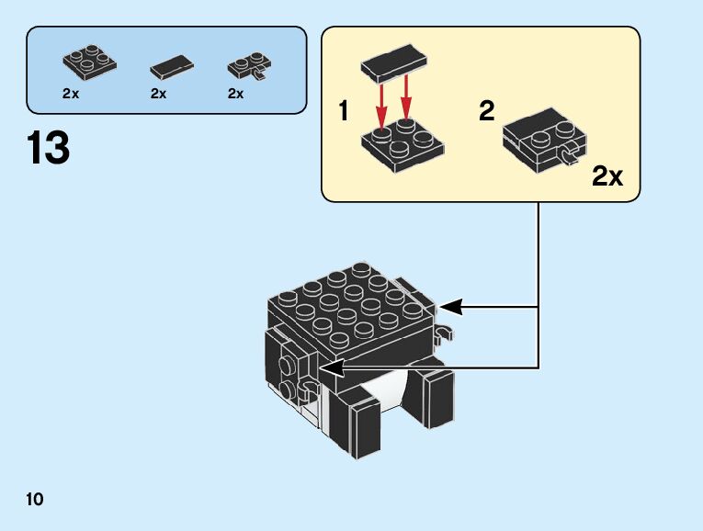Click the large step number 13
tap(49, 147)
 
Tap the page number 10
tap(35, 499)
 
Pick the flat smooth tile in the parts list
tap(172, 67)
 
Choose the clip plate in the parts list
tap(249, 66)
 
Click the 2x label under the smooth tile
tap(159, 94)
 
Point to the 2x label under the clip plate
tap(236, 94)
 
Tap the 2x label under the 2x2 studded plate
tap(71, 94)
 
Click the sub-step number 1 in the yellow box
tap(344, 110)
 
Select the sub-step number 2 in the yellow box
tap(487, 110)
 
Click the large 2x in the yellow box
tap(607, 176)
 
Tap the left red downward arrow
tap(381, 103)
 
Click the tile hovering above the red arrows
tap(394, 62)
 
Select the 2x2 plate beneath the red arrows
tap(403, 144)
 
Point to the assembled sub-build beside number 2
tap(544, 140)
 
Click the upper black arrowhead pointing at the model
tap(450, 307)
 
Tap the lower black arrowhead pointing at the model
tap(332, 368)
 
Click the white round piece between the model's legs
tap(384, 390)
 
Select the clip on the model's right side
tap(444, 333)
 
